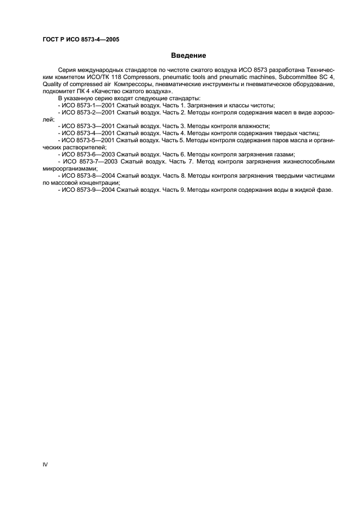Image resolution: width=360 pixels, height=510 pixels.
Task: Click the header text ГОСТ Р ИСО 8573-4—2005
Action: click(80, 40)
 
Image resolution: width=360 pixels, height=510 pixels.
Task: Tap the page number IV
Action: click(45, 464)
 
